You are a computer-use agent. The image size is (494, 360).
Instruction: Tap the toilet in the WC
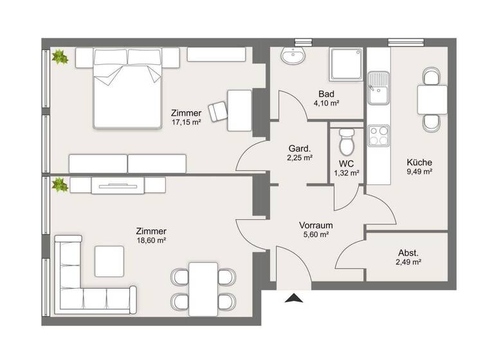coord(347,139)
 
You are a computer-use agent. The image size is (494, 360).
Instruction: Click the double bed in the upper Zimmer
coord(127,89)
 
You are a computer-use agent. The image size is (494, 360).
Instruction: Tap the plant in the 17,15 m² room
coord(60,57)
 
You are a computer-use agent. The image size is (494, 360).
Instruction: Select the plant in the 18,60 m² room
coord(60,185)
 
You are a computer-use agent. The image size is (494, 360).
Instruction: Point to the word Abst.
coord(408,252)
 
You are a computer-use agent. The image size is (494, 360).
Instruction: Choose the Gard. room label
coord(300,147)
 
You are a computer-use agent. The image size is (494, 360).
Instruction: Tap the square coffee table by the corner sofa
coord(109,261)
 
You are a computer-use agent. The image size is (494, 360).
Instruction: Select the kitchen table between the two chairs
coord(432,100)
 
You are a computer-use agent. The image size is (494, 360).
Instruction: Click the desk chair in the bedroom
coord(219,110)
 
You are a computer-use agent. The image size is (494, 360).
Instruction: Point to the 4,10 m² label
coord(326,103)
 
